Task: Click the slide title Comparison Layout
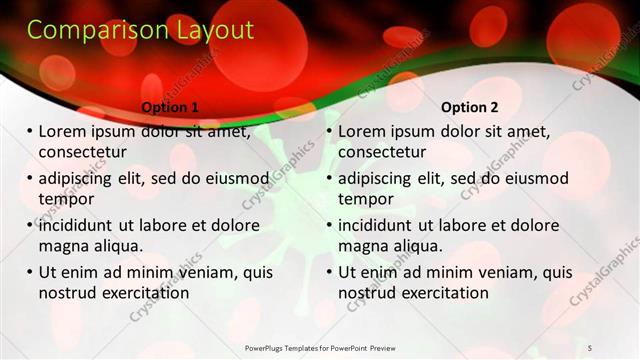140,31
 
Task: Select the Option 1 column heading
170,106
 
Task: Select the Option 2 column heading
469,106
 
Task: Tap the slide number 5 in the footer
590,347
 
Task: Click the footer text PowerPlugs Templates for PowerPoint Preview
320,347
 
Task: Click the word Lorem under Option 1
62,132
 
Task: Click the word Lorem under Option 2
362,132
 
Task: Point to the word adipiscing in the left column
81,179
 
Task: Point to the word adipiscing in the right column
381,179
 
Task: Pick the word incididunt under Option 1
80,225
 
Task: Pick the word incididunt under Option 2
380,225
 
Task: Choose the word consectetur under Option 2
382,152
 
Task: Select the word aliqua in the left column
118,246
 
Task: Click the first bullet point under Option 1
29,132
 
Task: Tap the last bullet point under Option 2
329,272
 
